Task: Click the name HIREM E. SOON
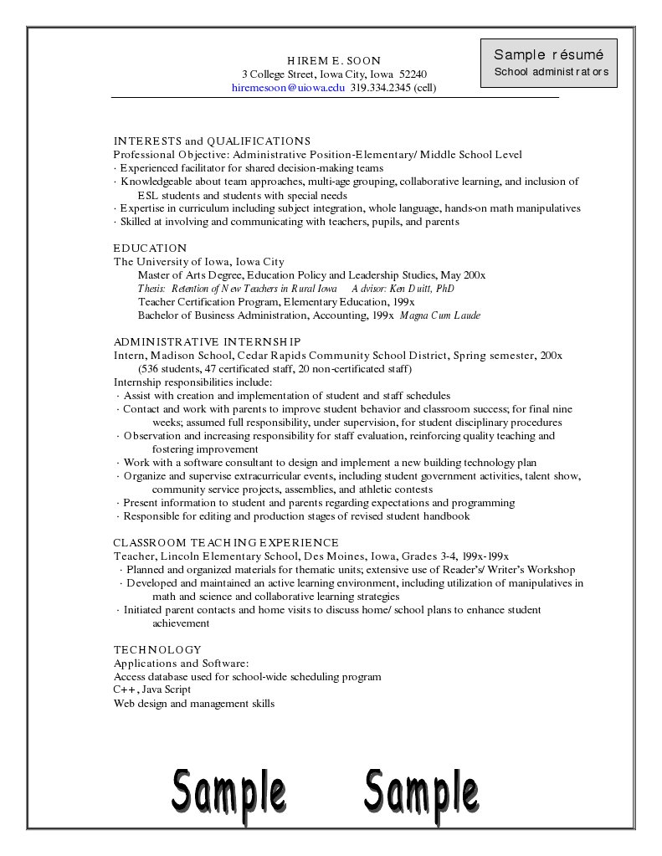334,60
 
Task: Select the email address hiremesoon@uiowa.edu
288,87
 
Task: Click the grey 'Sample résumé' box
549,63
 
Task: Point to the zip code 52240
413,74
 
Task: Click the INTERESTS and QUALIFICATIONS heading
212,141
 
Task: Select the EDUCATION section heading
150,248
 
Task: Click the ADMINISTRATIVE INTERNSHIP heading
207,341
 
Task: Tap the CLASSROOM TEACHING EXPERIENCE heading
226,542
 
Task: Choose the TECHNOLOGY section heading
157,649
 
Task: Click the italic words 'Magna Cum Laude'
440,315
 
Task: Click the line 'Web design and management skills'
194,703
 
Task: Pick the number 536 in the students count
151,369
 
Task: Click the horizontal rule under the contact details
335,98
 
